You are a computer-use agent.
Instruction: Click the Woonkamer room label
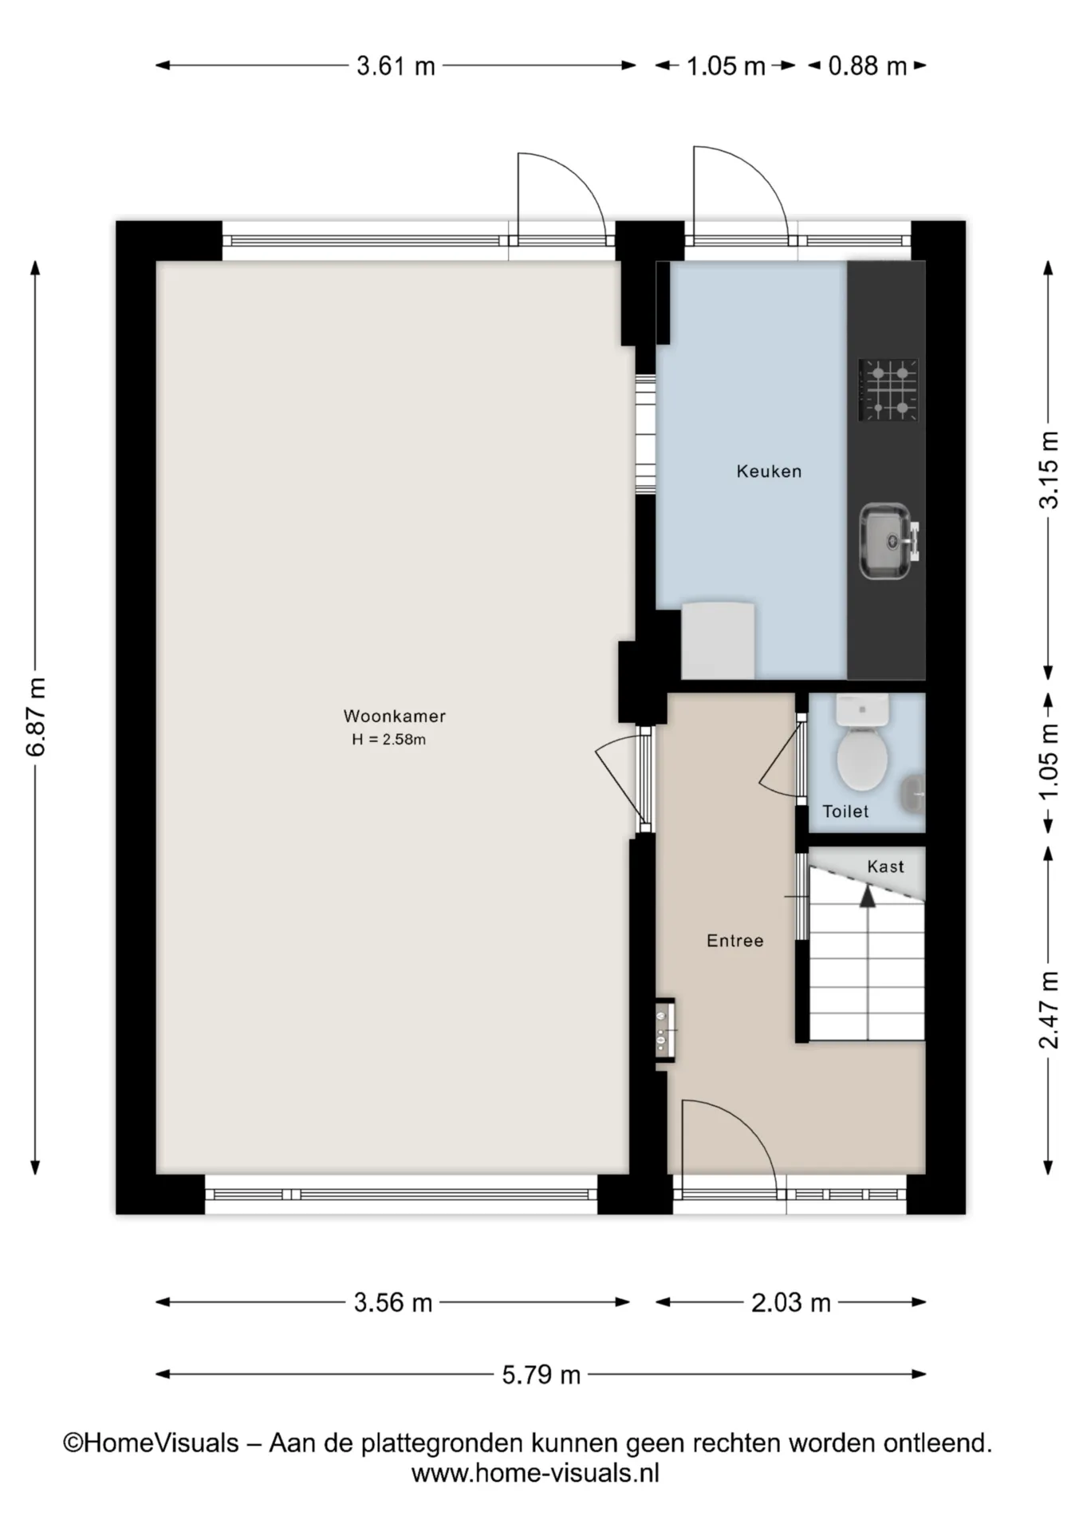[x=394, y=716]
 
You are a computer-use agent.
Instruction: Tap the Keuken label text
[x=769, y=471]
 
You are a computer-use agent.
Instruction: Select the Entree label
[x=734, y=941]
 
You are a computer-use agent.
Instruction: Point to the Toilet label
[x=845, y=811]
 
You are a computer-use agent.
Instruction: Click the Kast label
[x=885, y=867]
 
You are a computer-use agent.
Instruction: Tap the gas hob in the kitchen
[x=888, y=389]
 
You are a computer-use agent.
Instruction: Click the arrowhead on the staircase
[x=867, y=896]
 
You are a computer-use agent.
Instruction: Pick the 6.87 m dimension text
[x=36, y=717]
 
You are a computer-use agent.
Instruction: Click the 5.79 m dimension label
[x=541, y=1374]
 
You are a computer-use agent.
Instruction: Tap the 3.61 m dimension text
[x=396, y=65]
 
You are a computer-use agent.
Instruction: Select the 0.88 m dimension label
[x=867, y=65]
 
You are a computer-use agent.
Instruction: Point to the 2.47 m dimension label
[x=1049, y=1009]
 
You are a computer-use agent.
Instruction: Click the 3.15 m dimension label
[x=1049, y=469]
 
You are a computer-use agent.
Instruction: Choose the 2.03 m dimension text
[x=791, y=1302]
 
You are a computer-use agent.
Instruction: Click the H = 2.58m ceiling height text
[x=388, y=740]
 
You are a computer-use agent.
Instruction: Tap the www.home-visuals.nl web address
[x=535, y=1473]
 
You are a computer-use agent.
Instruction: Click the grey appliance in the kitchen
[x=718, y=640]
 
